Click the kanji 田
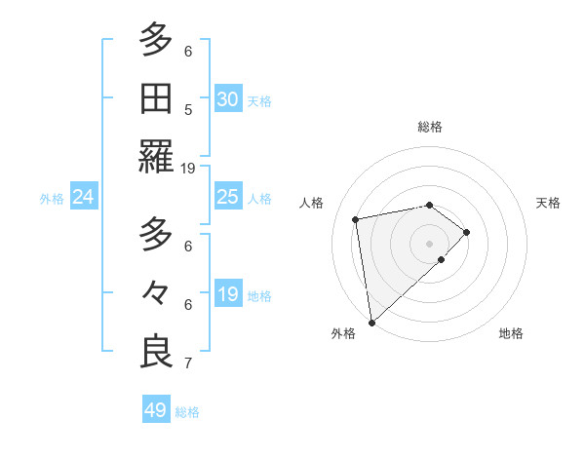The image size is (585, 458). click(156, 98)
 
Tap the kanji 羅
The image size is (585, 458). click(156, 157)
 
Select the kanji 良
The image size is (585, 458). click(156, 352)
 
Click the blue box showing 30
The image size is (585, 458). click(227, 98)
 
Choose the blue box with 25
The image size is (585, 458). click(227, 197)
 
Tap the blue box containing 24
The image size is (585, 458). click(84, 197)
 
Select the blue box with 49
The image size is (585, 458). click(156, 410)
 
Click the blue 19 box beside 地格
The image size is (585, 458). click(227, 294)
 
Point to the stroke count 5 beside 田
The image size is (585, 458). click(188, 109)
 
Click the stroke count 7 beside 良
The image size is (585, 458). click(188, 363)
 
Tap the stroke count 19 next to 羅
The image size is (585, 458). click(188, 168)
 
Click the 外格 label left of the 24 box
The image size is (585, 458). click(52, 199)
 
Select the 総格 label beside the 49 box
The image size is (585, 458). click(187, 412)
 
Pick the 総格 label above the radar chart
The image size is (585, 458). click(429, 127)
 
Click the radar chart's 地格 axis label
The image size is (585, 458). click(511, 333)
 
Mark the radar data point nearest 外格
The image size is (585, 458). click(371, 322)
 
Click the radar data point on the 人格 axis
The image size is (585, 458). click(356, 218)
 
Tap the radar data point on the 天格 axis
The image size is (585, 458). click(467, 232)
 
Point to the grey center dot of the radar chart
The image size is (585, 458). click(429, 243)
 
